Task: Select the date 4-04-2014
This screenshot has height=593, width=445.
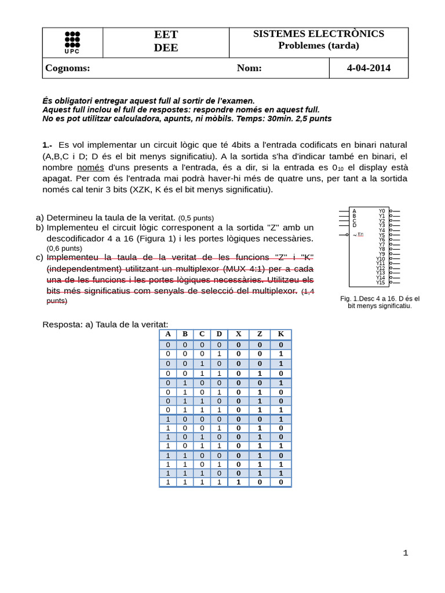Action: tap(369, 68)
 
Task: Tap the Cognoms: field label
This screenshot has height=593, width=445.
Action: tap(68, 68)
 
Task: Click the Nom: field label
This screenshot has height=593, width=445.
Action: tap(249, 68)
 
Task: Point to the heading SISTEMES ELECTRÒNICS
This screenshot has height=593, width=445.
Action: tap(318, 34)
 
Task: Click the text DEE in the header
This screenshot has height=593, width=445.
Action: tap(166, 48)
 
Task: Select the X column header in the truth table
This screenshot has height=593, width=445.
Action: tap(238, 334)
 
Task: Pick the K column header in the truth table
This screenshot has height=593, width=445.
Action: tap(280, 334)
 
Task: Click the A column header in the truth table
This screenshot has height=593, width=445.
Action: tap(168, 334)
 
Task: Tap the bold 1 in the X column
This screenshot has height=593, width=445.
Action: tap(238, 482)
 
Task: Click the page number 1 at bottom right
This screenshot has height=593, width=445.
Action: tap(406, 552)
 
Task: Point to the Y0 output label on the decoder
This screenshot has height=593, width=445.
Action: tap(381, 211)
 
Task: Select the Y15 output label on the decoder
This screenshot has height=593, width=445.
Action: tap(380, 283)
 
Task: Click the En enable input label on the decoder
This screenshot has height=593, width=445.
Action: tap(360, 234)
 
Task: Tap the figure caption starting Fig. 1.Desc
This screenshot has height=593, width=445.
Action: tap(380, 302)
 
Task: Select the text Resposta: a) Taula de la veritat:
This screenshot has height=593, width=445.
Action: tap(105, 324)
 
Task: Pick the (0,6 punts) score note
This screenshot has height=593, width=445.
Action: tap(64, 248)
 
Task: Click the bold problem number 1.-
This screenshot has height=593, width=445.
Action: tap(48, 145)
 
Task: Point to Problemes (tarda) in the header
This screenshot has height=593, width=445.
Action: tap(318, 46)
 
